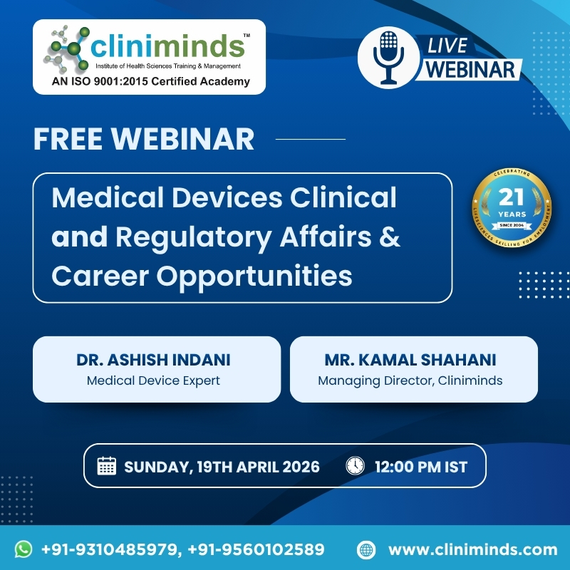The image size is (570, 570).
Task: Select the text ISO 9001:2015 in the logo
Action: [113, 81]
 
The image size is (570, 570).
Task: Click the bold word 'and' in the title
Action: [79, 237]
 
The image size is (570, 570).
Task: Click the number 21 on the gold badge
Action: [512, 197]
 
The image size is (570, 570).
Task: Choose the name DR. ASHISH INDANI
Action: [153, 360]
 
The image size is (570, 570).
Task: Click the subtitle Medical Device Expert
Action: [153, 380]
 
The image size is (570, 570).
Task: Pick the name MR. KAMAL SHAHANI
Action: [410, 360]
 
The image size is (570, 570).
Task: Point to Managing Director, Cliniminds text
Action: [410, 380]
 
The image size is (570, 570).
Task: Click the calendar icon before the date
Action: [106, 467]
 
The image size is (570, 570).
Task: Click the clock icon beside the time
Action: [354, 467]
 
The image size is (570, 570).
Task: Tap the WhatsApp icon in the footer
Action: [24, 549]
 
